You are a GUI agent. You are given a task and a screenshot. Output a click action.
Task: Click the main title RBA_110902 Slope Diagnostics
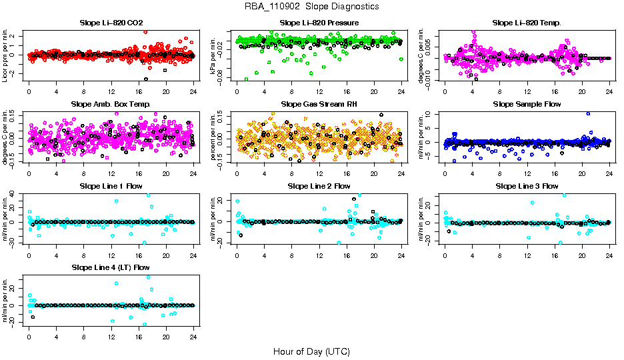coord(312,7)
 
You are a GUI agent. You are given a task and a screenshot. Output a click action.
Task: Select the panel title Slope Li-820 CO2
coord(111,23)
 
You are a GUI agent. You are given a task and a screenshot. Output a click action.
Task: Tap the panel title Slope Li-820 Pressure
coord(319,23)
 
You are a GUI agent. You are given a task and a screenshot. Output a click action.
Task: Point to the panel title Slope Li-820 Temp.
coord(527,23)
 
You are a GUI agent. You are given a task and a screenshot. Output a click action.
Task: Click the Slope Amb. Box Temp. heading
coord(111,105)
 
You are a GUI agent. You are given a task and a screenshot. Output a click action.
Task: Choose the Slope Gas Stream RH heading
coord(319,105)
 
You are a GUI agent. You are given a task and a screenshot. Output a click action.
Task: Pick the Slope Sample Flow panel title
coord(527,105)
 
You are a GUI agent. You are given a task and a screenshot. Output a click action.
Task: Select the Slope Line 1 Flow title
coord(111,186)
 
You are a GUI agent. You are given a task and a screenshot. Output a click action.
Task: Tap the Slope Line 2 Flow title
coord(319,186)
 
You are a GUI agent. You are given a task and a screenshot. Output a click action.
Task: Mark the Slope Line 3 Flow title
coord(527,186)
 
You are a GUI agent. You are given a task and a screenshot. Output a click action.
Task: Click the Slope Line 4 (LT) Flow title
coord(111,268)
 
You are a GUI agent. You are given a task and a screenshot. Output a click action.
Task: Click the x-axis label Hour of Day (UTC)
coord(311,351)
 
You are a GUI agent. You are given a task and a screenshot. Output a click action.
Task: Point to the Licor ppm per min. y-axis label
coord(6,55)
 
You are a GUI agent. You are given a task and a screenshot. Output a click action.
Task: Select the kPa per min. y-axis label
coord(214,55)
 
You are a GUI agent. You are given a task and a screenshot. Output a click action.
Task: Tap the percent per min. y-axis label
coord(214,137)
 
